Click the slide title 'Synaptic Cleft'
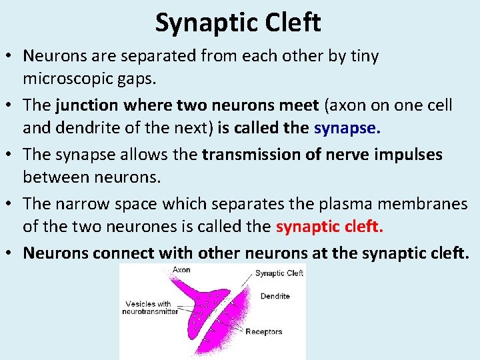(x=238, y=23)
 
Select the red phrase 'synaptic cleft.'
(x=329, y=227)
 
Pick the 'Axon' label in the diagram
(x=181, y=271)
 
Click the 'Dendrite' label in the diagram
(x=275, y=296)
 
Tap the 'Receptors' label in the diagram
(x=263, y=331)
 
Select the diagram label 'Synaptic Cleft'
(x=279, y=273)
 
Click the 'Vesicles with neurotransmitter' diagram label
(x=150, y=307)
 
